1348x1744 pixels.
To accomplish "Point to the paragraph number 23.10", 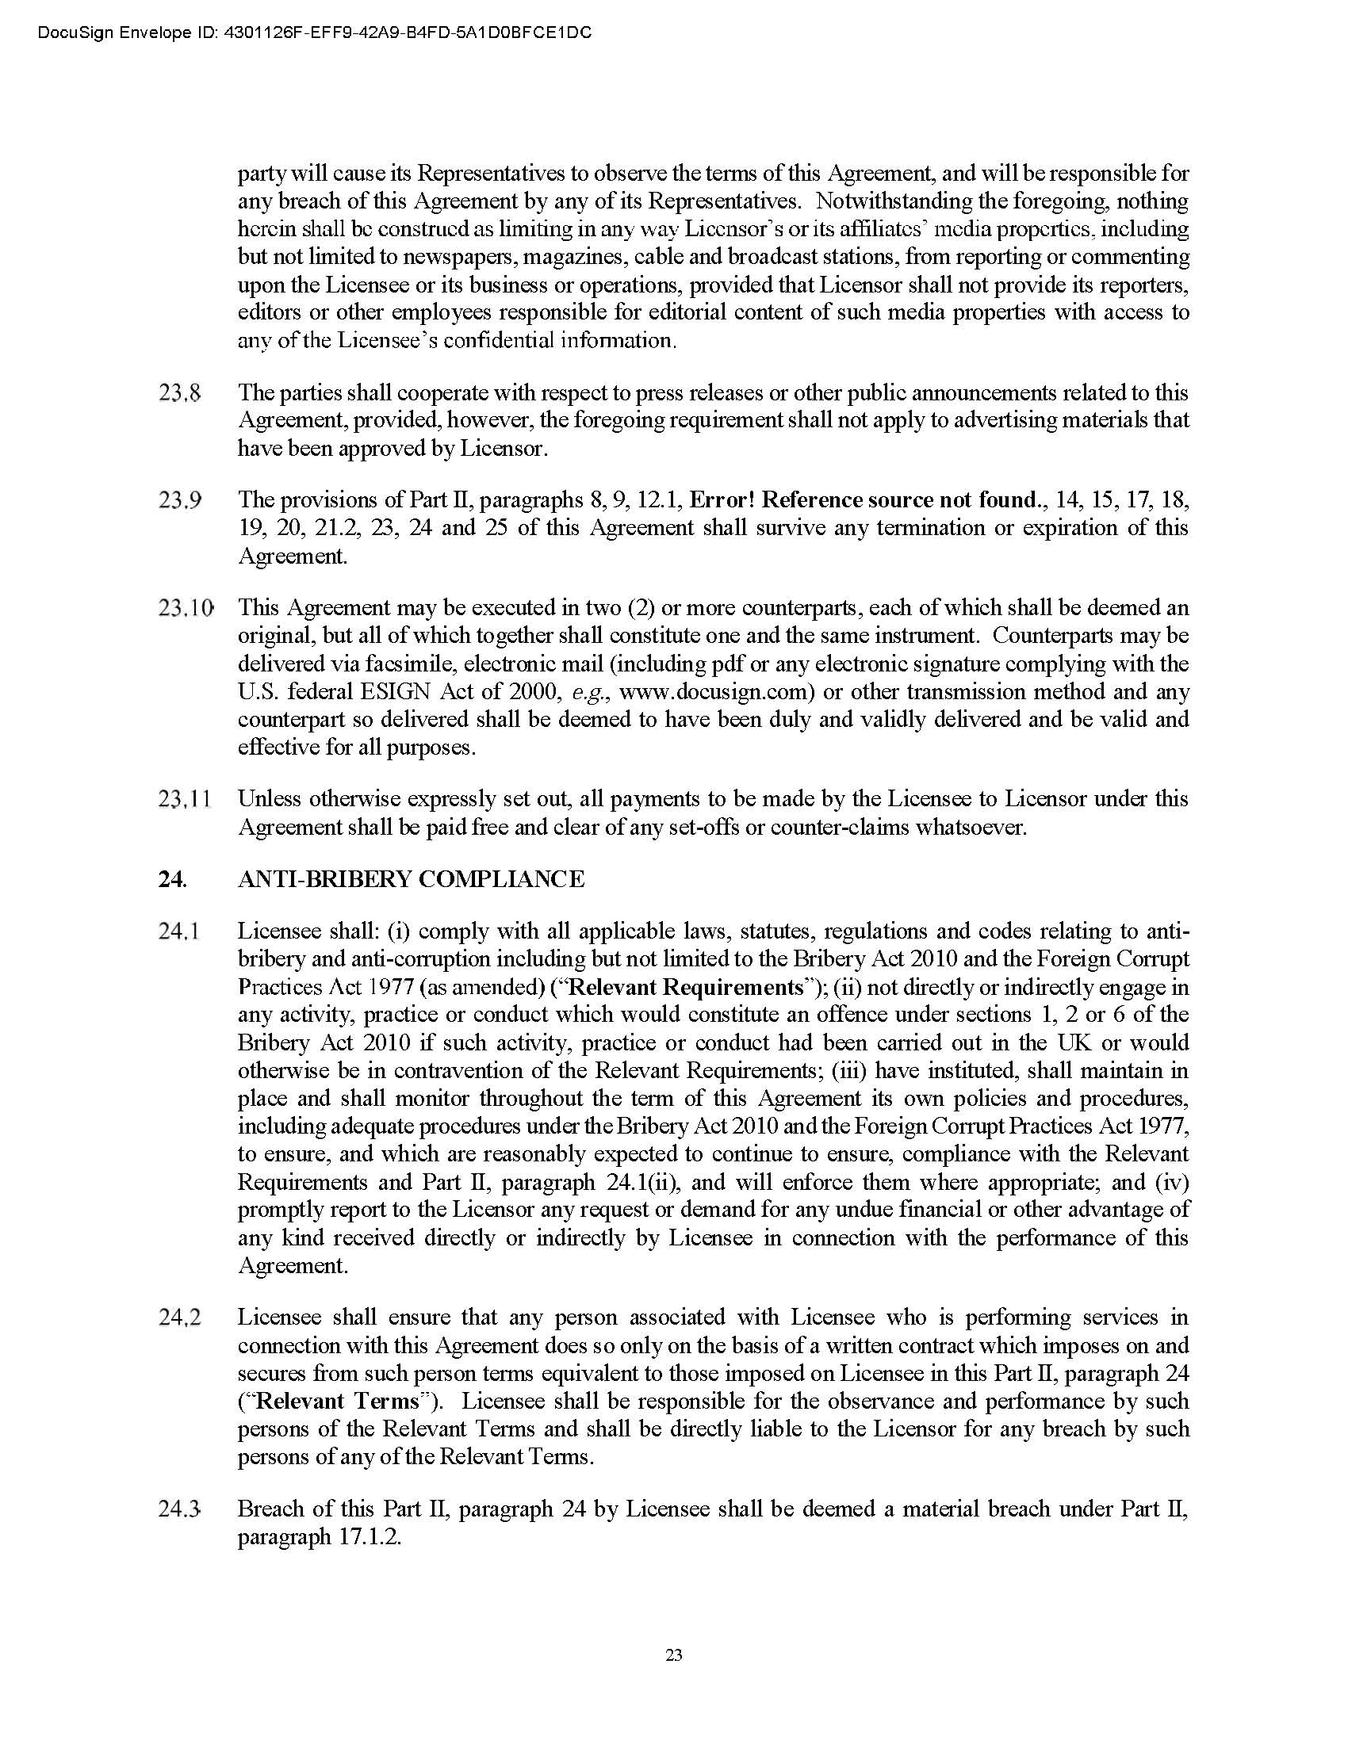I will click(x=186, y=608).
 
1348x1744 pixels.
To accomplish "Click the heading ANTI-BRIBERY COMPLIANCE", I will click(x=412, y=879).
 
